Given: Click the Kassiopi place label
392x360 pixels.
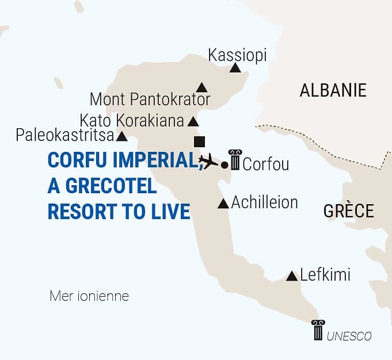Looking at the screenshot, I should click(237, 55).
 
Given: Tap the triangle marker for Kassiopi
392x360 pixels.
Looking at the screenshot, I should click(235, 68).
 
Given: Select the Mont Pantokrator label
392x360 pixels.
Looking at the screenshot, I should click(150, 99).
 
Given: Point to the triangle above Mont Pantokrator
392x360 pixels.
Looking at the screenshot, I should click(201, 87).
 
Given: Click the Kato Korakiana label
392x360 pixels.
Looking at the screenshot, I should click(132, 121).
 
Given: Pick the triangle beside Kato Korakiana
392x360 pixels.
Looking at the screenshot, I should click(193, 122).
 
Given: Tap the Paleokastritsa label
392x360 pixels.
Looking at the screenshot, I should click(64, 136).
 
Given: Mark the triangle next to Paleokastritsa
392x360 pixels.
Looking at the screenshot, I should click(122, 137).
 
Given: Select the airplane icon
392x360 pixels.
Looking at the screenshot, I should click(208, 161).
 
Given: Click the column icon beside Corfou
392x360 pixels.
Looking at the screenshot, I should click(235, 159).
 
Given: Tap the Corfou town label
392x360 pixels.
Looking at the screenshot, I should click(265, 165).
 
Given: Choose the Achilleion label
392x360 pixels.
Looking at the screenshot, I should click(265, 202).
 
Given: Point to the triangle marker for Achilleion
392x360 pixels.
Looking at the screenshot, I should click(223, 204).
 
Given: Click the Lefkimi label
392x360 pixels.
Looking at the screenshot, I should click(325, 275).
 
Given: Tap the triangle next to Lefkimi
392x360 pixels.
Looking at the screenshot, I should click(292, 277).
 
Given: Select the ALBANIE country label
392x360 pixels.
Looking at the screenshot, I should click(333, 90).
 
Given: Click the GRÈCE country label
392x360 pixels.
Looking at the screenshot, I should click(348, 210).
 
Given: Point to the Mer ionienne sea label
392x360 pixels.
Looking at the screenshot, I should click(89, 297).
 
